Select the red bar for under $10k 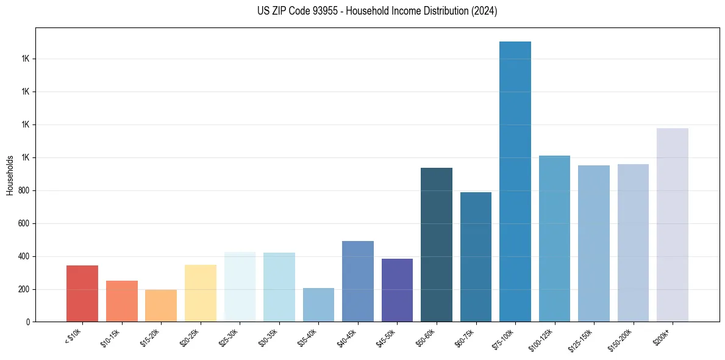(x=82, y=293)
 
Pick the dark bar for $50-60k (x=437, y=245)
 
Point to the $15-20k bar (x=161, y=306)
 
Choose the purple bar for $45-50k (x=397, y=290)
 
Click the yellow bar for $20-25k (x=201, y=293)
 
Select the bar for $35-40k (x=318, y=304)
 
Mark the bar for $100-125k (x=554, y=239)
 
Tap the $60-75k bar (x=476, y=257)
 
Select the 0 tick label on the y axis (x=27, y=322)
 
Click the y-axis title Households (x=10, y=175)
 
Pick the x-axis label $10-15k (x=110, y=337)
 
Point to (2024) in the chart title (x=485, y=11)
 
